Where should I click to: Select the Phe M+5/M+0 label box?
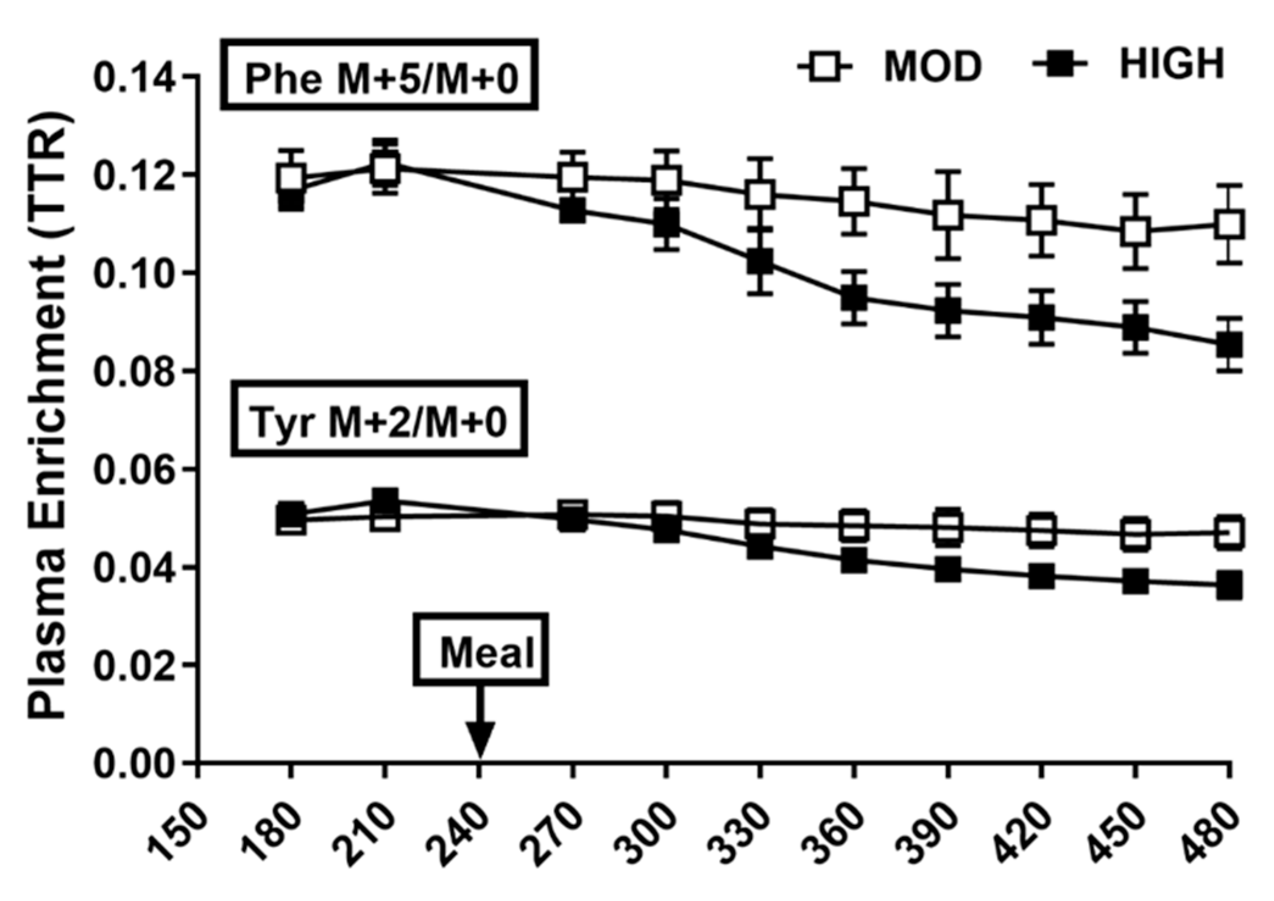point(379,76)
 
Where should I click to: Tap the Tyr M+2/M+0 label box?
point(379,419)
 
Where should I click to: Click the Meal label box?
point(481,649)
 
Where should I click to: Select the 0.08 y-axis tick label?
point(137,371)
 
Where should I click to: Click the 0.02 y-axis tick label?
point(137,665)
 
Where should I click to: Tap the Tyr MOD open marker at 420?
point(1042,531)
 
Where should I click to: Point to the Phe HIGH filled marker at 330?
point(760,262)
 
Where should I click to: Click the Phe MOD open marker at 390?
point(948,215)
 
